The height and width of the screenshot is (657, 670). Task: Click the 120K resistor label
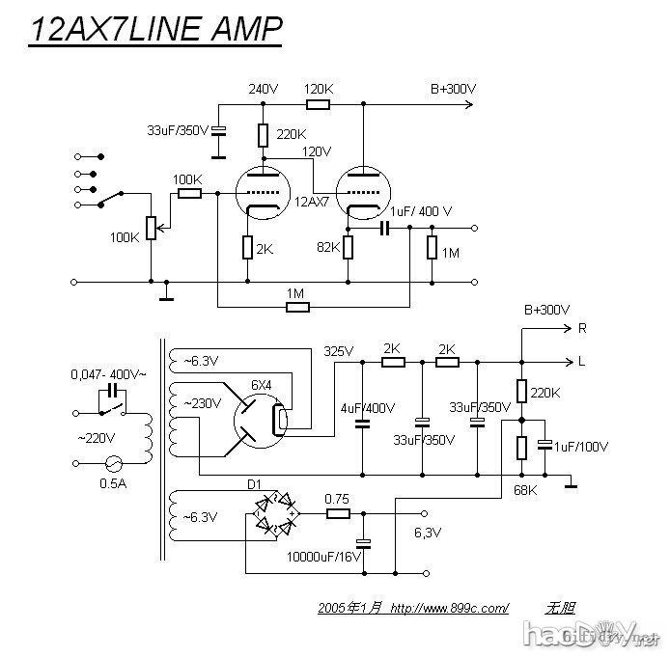pos(318,89)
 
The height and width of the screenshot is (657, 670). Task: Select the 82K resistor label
pos(328,247)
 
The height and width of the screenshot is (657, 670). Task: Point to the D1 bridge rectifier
pos(273,514)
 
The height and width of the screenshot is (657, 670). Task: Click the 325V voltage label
pos(339,350)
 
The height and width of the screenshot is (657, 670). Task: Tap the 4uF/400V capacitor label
pos(369,408)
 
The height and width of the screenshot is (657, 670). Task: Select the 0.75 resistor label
pos(337,499)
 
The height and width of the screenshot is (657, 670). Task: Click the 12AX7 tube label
pos(311,202)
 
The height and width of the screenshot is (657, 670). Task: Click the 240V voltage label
pos(263,89)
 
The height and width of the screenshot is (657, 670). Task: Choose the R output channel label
pos(581,328)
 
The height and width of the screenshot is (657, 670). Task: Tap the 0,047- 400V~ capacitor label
pos(108,372)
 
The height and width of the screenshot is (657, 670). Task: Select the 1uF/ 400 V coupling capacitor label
pos(420,210)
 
